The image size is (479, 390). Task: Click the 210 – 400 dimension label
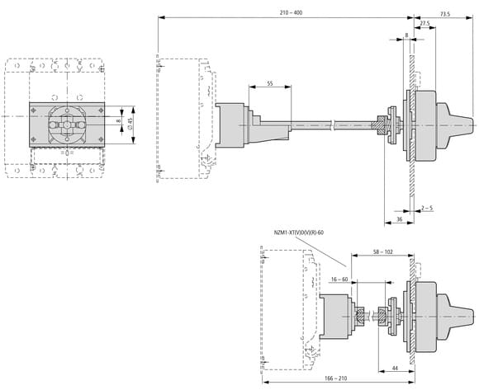point(291,12)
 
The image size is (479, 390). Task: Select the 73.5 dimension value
point(445,14)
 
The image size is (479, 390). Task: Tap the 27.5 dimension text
point(424,23)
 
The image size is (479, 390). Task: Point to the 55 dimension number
point(270,83)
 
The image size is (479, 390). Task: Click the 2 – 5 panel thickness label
point(427,209)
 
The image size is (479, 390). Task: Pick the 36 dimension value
point(399,219)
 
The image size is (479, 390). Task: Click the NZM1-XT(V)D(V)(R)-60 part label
point(299,233)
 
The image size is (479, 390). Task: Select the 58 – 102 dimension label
point(383,251)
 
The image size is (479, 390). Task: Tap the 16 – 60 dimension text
point(339,280)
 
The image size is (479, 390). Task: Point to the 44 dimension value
point(395,368)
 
